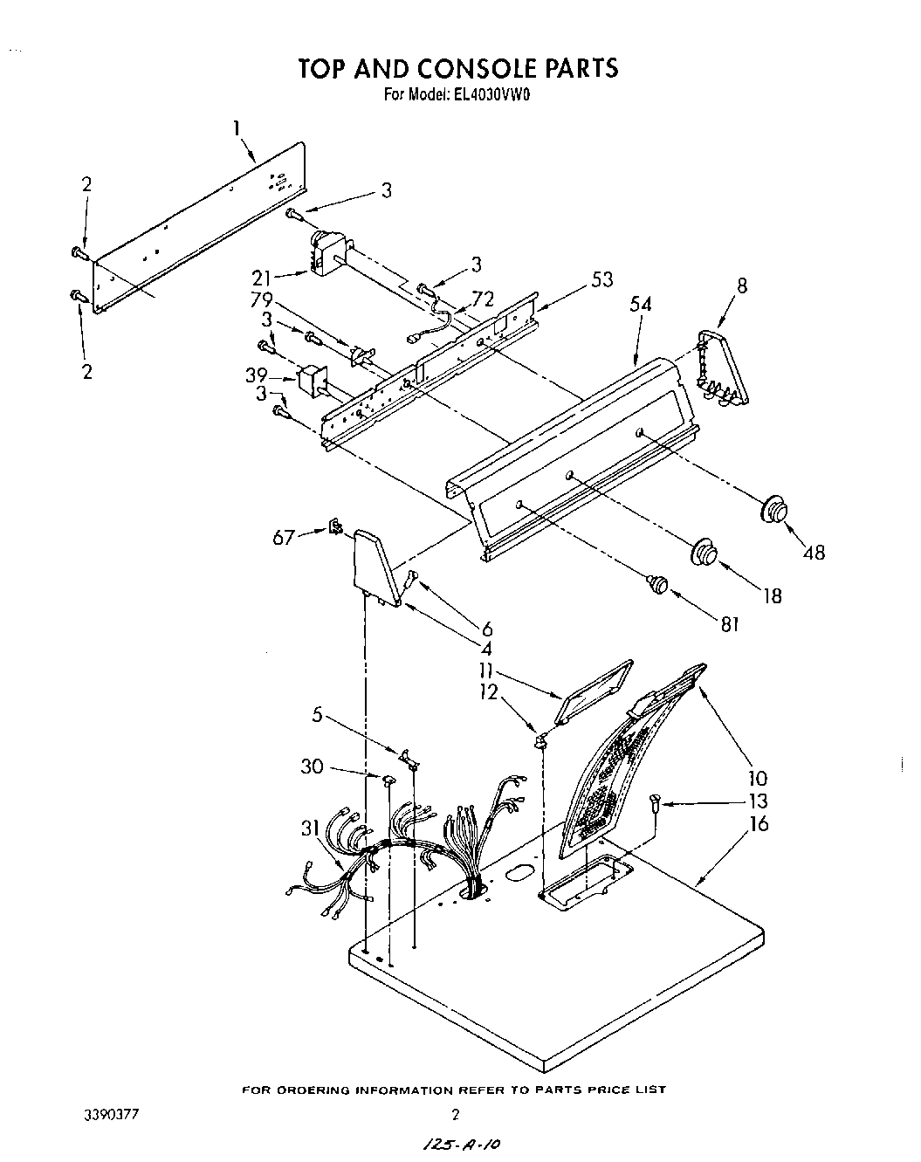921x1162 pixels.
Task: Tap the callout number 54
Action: point(641,305)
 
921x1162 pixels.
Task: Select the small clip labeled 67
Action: point(334,528)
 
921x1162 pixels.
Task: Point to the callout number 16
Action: point(759,822)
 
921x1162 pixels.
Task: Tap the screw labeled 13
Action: point(654,801)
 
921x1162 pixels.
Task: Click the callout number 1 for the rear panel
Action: point(237,127)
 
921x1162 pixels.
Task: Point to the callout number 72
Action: point(483,300)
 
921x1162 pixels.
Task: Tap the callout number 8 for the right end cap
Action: point(742,285)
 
